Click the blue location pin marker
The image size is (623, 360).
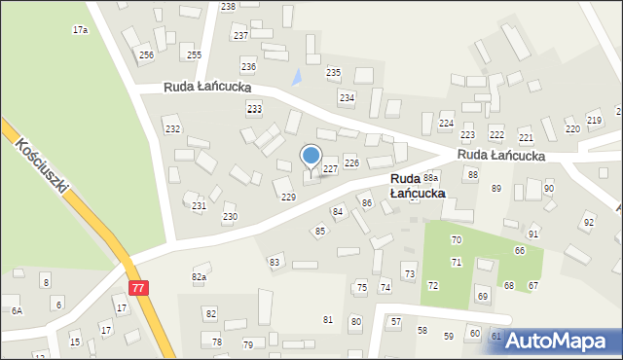coord(311,157)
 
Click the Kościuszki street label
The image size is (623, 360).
coord(43,163)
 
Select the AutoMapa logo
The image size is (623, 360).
coord(565,342)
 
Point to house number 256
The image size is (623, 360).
coord(146,55)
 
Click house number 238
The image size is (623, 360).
coord(228,7)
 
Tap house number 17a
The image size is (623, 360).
coord(80,30)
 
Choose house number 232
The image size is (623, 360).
coord(172,129)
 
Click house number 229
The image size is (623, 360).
coord(288,198)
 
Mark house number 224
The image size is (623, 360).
coord(446,124)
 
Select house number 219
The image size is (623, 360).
coord(594,120)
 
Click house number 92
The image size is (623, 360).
coord(588,223)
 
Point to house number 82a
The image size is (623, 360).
coord(199,277)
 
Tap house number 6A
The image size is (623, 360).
coord(17,310)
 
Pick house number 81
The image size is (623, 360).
coord(328,320)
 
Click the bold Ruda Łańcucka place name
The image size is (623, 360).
coord(418,186)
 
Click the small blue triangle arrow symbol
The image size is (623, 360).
coord(298,75)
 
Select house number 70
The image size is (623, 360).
coord(456,240)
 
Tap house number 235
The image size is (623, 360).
coord(333,73)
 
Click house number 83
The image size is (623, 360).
coord(275,262)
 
